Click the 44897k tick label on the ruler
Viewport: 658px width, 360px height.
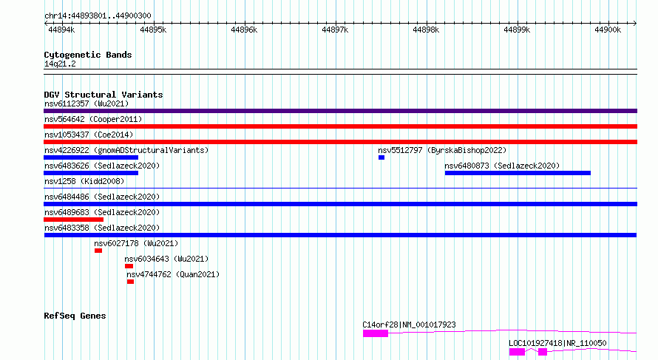[x=335, y=30]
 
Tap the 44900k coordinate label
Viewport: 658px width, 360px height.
[x=608, y=30]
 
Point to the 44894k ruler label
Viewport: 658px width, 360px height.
[x=61, y=30]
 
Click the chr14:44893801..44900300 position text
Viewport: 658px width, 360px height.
[x=98, y=16]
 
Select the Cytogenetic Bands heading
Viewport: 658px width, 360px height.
[x=88, y=55]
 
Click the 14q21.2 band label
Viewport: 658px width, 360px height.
[x=60, y=64]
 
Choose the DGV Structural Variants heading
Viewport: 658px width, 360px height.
[x=104, y=95]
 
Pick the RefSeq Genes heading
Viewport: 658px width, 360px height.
[x=75, y=316]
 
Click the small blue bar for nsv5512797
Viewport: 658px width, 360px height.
[x=381, y=157]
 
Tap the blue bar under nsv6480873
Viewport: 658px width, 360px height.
[x=518, y=173]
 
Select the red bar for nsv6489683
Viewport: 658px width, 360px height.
[x=73, y=220]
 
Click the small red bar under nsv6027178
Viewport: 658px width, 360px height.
[x=98, y=251]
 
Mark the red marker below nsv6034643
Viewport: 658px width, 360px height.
[x=129, y=266]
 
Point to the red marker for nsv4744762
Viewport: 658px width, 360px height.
[x=131, y=282]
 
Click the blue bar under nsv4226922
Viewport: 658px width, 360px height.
[x=91, y=157]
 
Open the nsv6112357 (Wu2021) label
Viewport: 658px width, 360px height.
[x=87, y=103]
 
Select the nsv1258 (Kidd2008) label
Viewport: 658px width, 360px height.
[x=84, y=181]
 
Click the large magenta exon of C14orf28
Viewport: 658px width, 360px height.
[x=376, y=333]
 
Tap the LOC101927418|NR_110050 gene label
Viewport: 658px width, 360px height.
[x=557, y=343]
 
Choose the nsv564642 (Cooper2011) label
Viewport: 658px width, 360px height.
[x=93, y=119]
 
